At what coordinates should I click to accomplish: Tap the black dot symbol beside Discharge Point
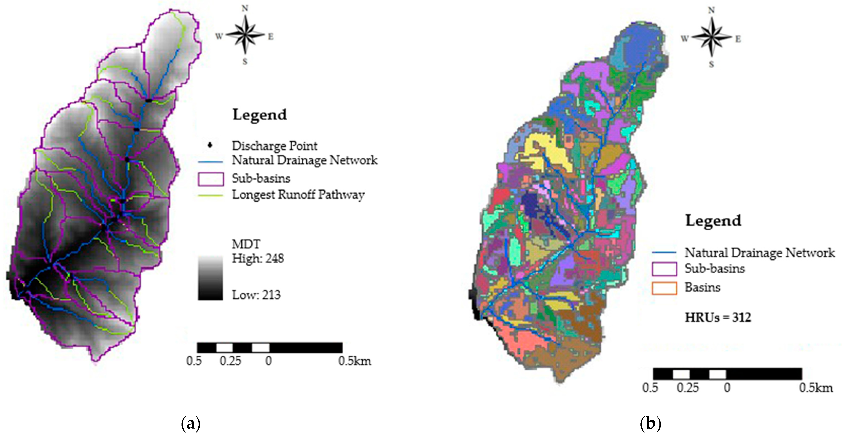coord(210,145)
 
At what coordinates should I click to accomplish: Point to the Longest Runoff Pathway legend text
coord(298,195)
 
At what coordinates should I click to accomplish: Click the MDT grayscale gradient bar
coord(210,277)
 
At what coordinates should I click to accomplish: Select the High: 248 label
coord(258,258)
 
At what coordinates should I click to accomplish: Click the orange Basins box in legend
coord(664,288)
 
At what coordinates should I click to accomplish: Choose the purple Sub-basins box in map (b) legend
coord(664,269)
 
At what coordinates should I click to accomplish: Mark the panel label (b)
coord(650,424)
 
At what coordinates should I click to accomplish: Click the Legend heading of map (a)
coord(260,115)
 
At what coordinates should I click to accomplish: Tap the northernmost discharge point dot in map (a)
coord(149,100)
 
